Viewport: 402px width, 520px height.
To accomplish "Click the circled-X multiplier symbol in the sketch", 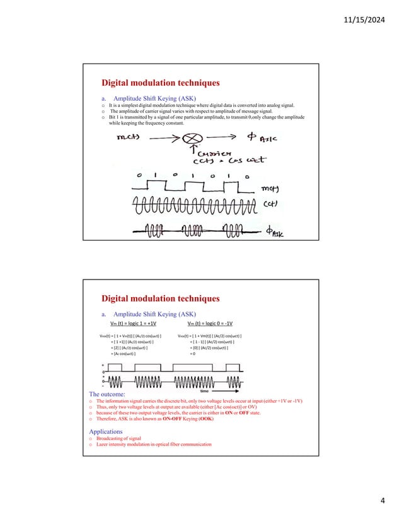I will point(187,137).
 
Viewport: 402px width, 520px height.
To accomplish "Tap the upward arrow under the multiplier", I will point(187,151).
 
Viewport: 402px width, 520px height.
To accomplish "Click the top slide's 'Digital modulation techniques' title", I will point(161,82).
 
